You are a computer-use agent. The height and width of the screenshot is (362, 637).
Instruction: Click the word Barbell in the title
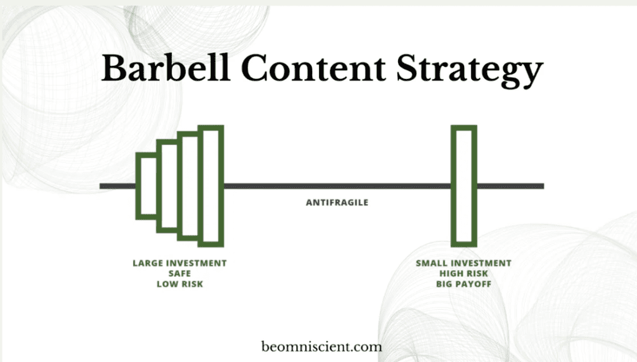point(165,68)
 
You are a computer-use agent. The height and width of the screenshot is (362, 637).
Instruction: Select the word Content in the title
point(314,68)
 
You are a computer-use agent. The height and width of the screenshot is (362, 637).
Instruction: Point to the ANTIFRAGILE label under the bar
point(337,202)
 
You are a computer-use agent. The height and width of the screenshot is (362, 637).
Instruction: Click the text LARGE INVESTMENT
point(180,263)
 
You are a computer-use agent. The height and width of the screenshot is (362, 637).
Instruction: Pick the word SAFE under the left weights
point(180,274)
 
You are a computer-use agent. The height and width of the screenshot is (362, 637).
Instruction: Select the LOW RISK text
point(180,284)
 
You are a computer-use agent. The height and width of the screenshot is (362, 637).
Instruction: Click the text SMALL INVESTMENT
point(463,263)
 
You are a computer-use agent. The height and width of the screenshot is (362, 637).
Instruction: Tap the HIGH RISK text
point(463,274)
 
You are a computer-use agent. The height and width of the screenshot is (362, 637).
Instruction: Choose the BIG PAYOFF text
point(463,284)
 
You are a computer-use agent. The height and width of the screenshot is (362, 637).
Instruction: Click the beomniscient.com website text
point(322,347)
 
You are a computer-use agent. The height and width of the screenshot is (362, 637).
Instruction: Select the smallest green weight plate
point(137,186)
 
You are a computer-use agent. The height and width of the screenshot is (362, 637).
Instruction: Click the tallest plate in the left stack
point(221,186)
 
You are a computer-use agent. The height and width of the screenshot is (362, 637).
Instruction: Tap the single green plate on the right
point(453,186)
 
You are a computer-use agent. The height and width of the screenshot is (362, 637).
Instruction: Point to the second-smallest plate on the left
point(159,186)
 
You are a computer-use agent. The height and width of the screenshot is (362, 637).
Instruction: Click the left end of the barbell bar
point(100,186)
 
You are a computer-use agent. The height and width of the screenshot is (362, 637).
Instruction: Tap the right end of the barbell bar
point(544,186)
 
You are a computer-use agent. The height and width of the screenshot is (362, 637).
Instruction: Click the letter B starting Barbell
point(115,68)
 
